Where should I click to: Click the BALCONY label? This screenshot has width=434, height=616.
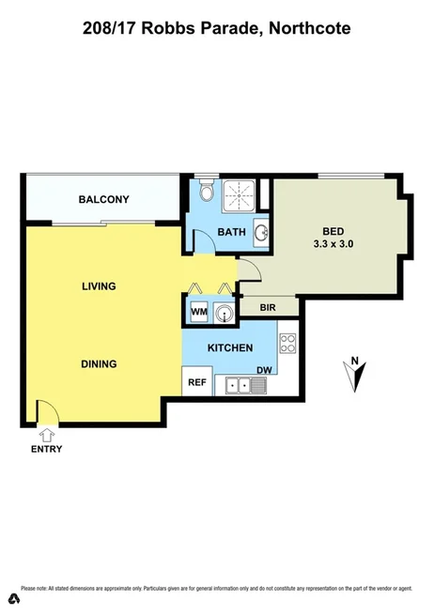(x=103, y=199)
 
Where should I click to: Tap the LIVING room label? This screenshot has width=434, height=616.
(x=98, y=285)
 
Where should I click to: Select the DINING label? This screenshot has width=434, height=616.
(x=98, y=364)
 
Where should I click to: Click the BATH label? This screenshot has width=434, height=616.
(x=231, y=232)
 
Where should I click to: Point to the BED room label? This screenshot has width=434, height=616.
(x=333, y=231)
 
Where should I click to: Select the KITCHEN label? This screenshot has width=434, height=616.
(x=230, y=348)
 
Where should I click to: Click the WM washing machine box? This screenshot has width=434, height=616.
(x=199, y=311)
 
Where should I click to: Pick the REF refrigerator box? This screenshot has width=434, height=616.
(x=197, y=381)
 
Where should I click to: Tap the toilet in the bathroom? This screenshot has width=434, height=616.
(x=208, y=194)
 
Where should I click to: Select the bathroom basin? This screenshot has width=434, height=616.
(x=260, y=233)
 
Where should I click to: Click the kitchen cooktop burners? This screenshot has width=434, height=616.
(x=288, y=344)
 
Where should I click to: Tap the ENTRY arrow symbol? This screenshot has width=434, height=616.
(x=47, y=434)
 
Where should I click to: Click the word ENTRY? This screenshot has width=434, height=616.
(x=46, y=449)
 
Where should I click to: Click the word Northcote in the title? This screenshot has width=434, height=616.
(x=309, y=29)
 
